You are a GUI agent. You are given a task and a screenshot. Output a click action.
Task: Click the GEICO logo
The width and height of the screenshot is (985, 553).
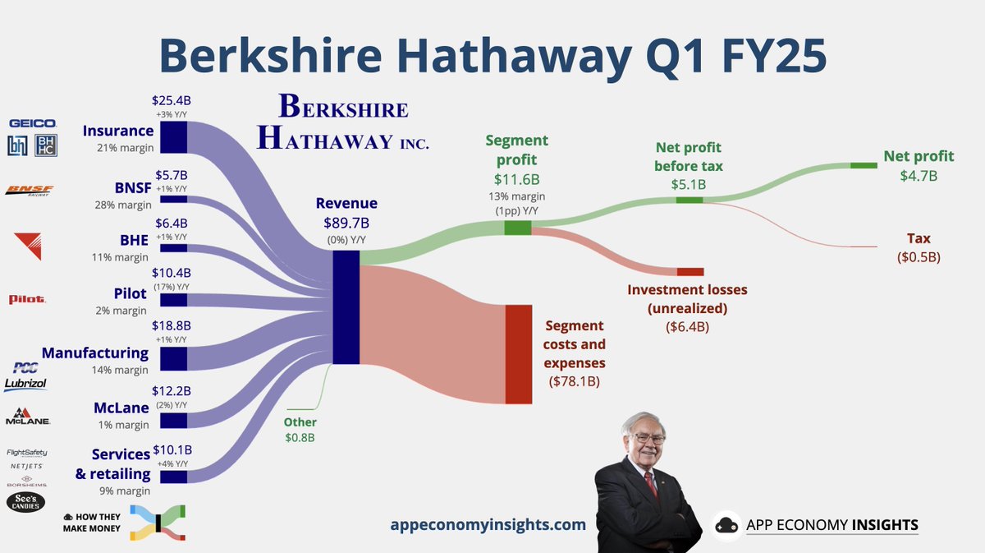coord(21,123)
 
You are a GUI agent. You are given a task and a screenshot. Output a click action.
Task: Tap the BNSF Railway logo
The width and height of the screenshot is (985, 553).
coord(30,191)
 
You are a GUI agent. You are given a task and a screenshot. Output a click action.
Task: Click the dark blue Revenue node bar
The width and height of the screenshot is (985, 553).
coord(346,306)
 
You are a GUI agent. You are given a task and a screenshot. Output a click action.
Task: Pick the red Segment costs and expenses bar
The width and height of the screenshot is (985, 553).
coord(519,353)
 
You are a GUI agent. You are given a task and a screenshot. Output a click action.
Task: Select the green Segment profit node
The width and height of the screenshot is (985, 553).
coord(517,228)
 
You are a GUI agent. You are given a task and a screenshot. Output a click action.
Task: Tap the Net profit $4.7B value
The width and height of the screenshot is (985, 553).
coord(919,175)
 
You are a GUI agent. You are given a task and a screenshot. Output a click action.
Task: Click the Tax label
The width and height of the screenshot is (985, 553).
coord(919,238)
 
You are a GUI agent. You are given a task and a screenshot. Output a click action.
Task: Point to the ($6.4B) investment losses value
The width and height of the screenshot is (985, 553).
coord(687,326)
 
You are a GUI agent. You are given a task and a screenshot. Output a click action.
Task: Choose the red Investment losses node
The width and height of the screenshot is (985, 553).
coord(690,271)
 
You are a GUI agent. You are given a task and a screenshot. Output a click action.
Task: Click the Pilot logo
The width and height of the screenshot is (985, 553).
coord(27,300)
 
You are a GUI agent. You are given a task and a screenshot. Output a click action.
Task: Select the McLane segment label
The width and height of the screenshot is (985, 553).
coord(121,408)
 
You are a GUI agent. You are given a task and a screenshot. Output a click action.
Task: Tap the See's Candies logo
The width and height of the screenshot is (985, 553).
coord(25,502)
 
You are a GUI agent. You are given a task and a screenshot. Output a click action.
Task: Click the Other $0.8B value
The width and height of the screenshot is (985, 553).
coord(300,438)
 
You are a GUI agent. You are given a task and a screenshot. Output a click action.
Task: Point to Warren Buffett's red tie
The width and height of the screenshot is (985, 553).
coord(651,484)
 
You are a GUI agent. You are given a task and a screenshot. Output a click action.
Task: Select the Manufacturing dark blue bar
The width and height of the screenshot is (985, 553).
coord(173,358)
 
